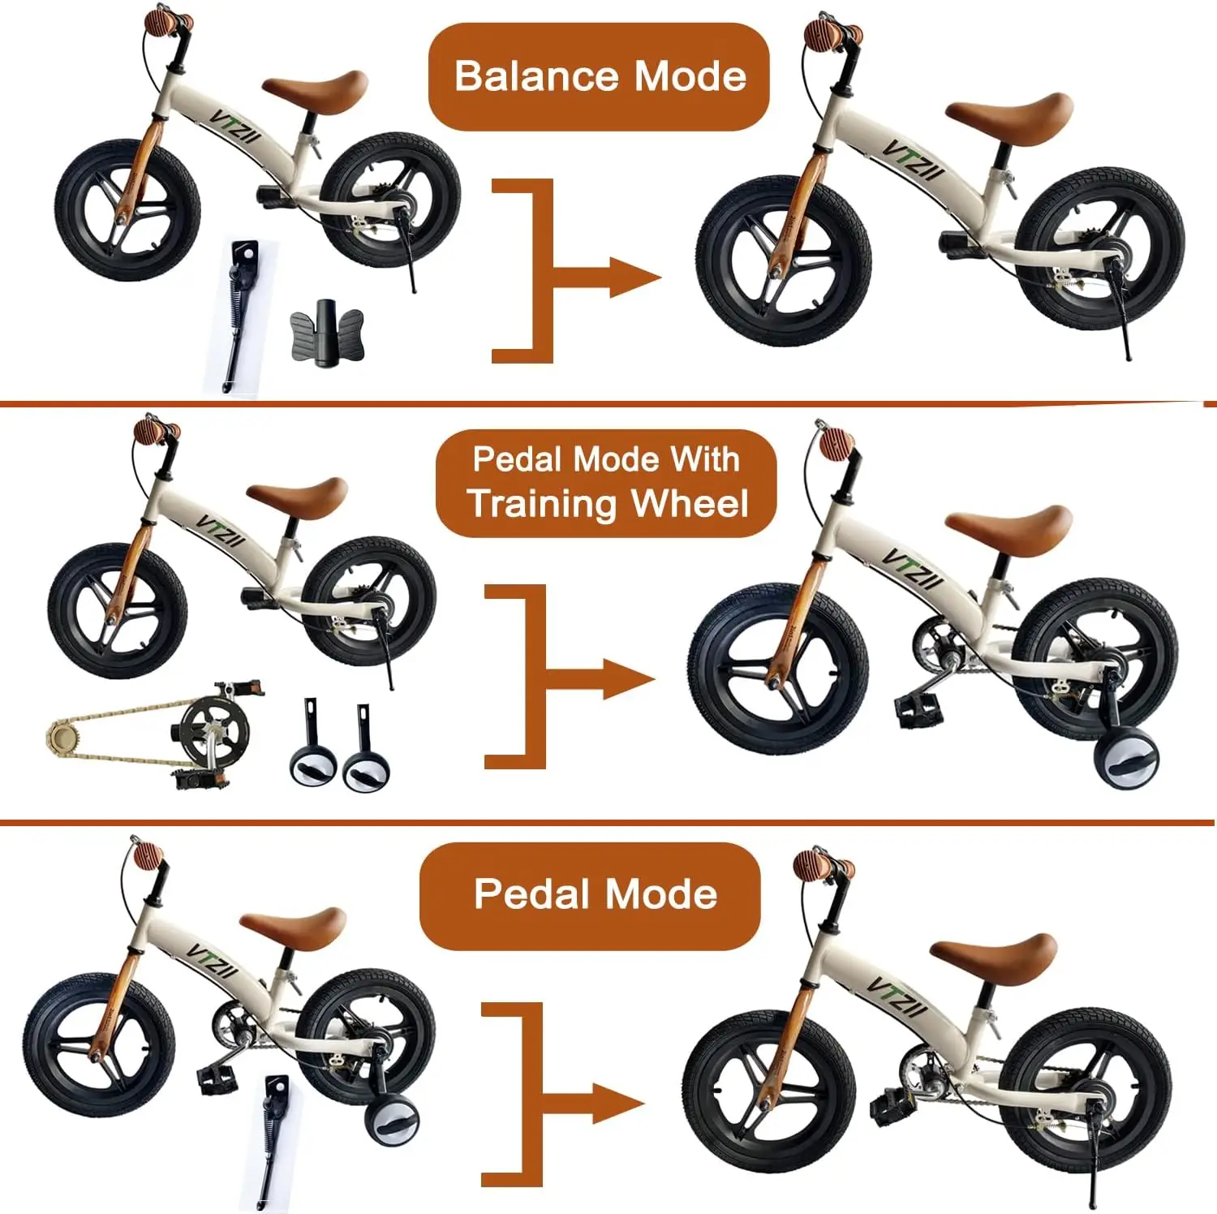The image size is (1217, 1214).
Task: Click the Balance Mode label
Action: (599, 77)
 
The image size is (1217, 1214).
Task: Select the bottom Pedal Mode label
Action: (595, 895)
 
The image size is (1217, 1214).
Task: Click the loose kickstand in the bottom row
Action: (271, 1140)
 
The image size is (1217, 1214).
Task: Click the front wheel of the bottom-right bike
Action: (768, 1091)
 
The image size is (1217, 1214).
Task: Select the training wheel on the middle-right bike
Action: (1126, 759)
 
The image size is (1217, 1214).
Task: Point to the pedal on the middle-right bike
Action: (918, 708)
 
